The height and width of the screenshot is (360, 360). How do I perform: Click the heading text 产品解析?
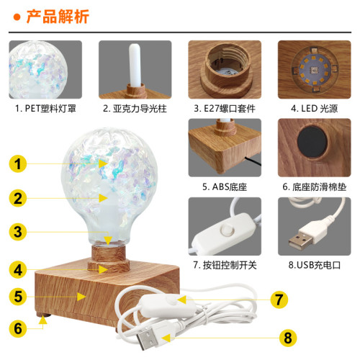click(57, 15)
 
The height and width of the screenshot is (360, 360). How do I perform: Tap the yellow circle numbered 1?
click(24, 164)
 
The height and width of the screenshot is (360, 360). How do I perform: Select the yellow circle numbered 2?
click(24, 197)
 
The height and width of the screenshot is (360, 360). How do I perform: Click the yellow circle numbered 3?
click(24, 232)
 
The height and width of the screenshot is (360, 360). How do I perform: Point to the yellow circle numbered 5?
click(24, 295)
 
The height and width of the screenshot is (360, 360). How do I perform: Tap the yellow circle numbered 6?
click(24, 326)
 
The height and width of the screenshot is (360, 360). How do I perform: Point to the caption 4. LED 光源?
click(315, 109)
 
